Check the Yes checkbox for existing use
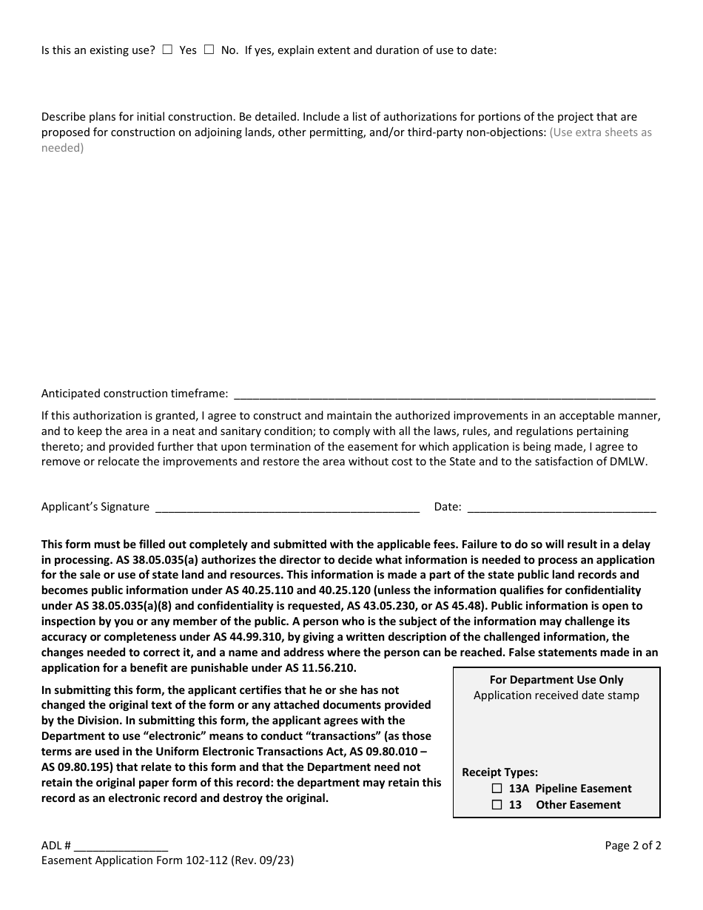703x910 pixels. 167,50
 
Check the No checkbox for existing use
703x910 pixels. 209,50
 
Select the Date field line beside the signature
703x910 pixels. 562,508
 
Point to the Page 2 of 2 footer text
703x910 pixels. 633,846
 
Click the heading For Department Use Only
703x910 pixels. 556,679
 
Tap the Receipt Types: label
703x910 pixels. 499,772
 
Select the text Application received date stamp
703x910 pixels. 556,695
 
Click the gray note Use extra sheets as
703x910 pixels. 600,132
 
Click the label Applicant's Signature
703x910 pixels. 95,507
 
